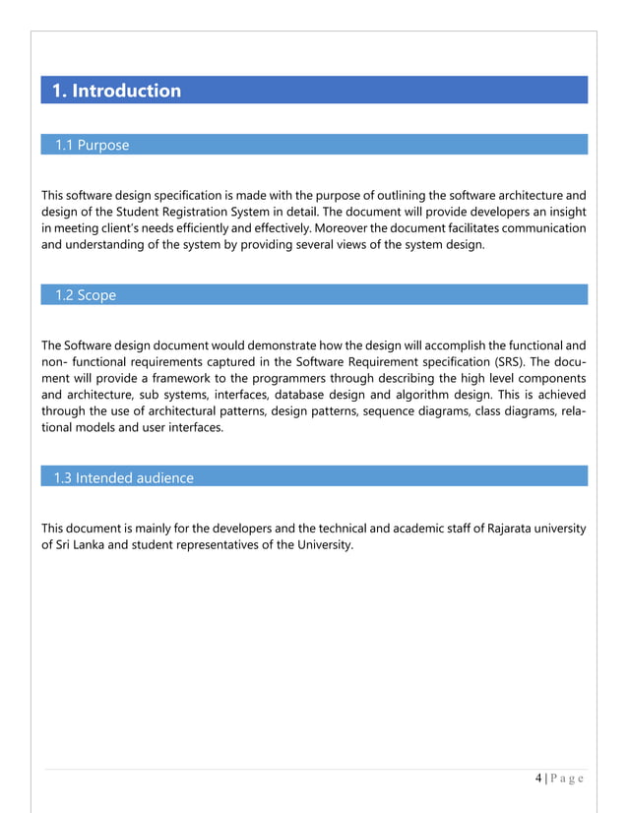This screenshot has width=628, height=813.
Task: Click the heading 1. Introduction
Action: (x=116, y=91)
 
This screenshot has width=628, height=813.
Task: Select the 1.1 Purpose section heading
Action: (x=92, y=146)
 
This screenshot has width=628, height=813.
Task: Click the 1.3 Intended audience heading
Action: (x=123, y=477)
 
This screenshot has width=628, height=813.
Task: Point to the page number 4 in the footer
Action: (x=538, y=779)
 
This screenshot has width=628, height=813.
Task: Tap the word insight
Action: (x=565, y=211)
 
